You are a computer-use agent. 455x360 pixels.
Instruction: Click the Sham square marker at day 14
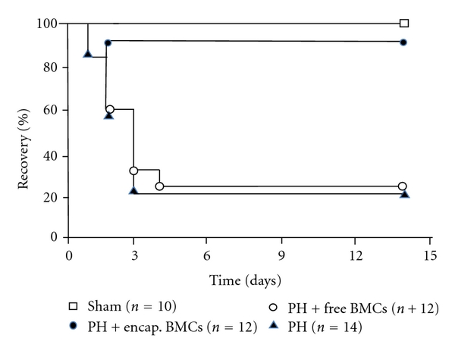(404, 23)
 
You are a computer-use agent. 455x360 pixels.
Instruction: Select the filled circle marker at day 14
(403, 42)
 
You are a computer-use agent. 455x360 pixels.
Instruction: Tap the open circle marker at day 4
(159, 186)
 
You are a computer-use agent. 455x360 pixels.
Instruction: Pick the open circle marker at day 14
(402, 186)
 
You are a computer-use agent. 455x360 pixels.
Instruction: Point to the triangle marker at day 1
(88, 54)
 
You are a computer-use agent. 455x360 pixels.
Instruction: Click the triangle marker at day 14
(405, 194)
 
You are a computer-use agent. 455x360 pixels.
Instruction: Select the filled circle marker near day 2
(108, 42)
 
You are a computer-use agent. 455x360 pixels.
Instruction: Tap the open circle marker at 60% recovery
(110, 109)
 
